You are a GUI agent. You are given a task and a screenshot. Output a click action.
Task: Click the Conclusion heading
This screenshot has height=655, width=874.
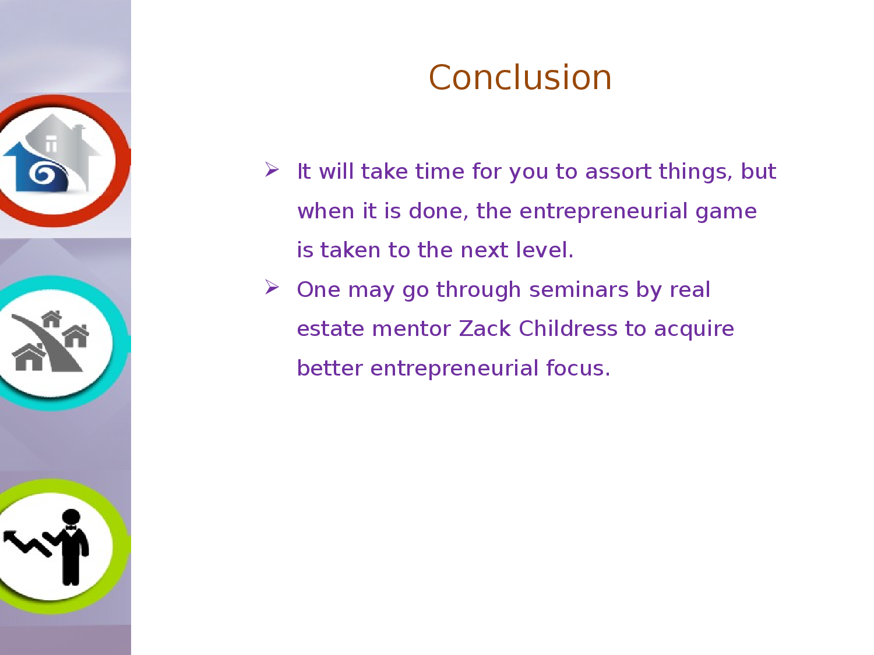(520, 77)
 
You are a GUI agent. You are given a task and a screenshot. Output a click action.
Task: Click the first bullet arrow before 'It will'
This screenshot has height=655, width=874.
(272, 169)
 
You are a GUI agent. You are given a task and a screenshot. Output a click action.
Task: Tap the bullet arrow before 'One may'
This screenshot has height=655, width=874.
(272, 287)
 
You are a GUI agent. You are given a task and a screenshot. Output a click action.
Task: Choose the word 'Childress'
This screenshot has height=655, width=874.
(568, 328)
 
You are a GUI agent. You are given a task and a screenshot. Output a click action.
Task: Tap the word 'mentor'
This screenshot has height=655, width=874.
(411, 330)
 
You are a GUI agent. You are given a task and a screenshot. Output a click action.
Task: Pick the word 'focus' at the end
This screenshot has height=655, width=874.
(575, 368)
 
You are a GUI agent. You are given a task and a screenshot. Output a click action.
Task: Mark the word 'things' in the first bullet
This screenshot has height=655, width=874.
(695, 172)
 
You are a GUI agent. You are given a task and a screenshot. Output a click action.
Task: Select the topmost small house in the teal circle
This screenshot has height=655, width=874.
(52, 318)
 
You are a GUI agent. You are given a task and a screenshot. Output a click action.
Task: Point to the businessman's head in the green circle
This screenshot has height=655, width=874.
(71, 517)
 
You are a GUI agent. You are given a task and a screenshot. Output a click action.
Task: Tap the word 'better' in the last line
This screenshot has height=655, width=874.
(330, 368)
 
